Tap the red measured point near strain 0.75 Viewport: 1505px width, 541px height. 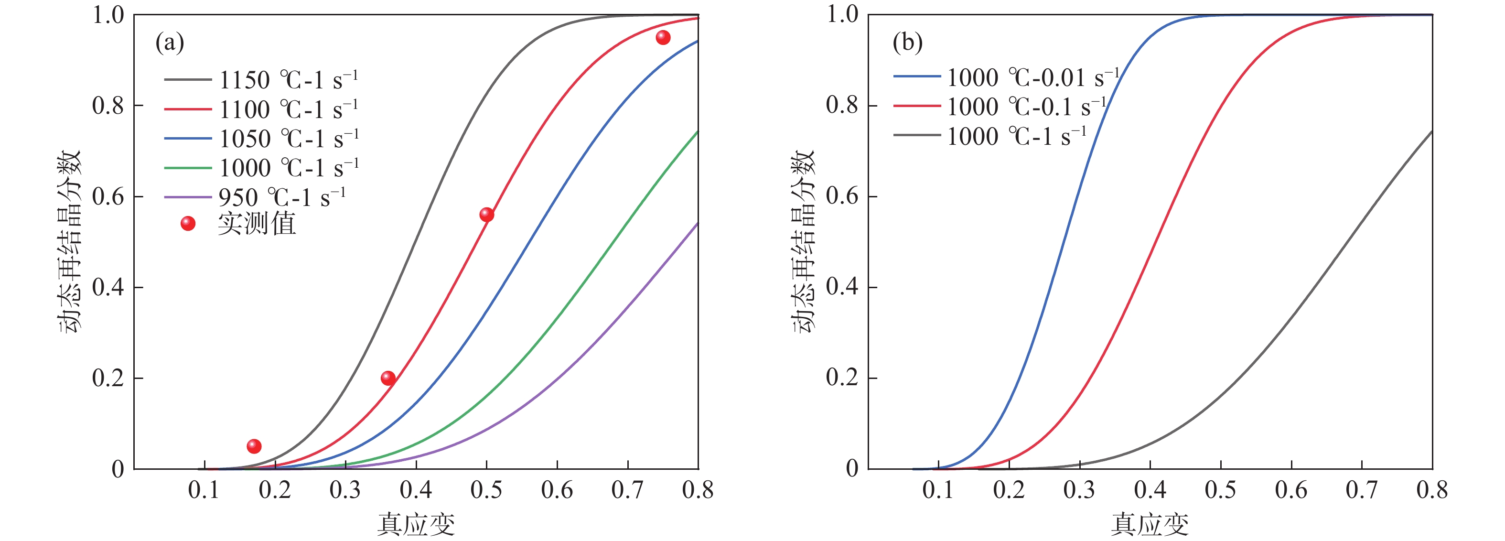click(663, 38)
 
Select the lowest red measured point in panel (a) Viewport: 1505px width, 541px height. click(254, 446)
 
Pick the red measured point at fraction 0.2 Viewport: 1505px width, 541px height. click(388, 379)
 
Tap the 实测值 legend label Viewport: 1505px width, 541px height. click(257, 224)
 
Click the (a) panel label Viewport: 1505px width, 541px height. click(170, 43)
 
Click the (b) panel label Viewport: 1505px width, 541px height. click(907, 43)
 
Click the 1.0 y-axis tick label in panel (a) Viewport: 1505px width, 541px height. click(108, 15)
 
